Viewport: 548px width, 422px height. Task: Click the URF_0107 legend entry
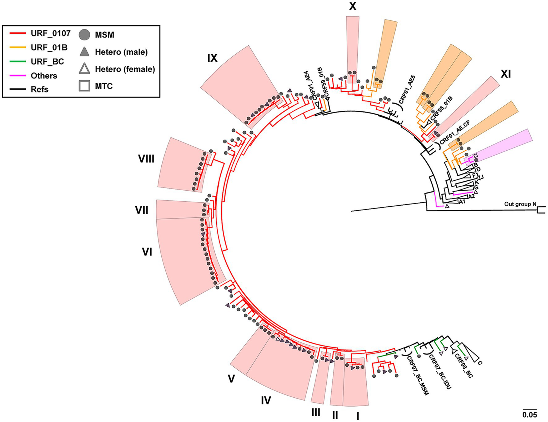click(50, 33)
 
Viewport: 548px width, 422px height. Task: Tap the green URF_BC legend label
click(47, 61)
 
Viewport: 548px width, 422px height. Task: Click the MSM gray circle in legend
click(85, 35)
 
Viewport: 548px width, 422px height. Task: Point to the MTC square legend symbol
click(85, 86)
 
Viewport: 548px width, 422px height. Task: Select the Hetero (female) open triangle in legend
click(85, 69)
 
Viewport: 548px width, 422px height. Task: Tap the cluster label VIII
click(146, 159)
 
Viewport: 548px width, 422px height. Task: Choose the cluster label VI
click(147, 252)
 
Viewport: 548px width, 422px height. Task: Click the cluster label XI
click(506, 74)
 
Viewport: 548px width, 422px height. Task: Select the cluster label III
click(316, 413)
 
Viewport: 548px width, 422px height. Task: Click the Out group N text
click(520, 204)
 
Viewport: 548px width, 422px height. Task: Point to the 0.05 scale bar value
click(529, 415)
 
